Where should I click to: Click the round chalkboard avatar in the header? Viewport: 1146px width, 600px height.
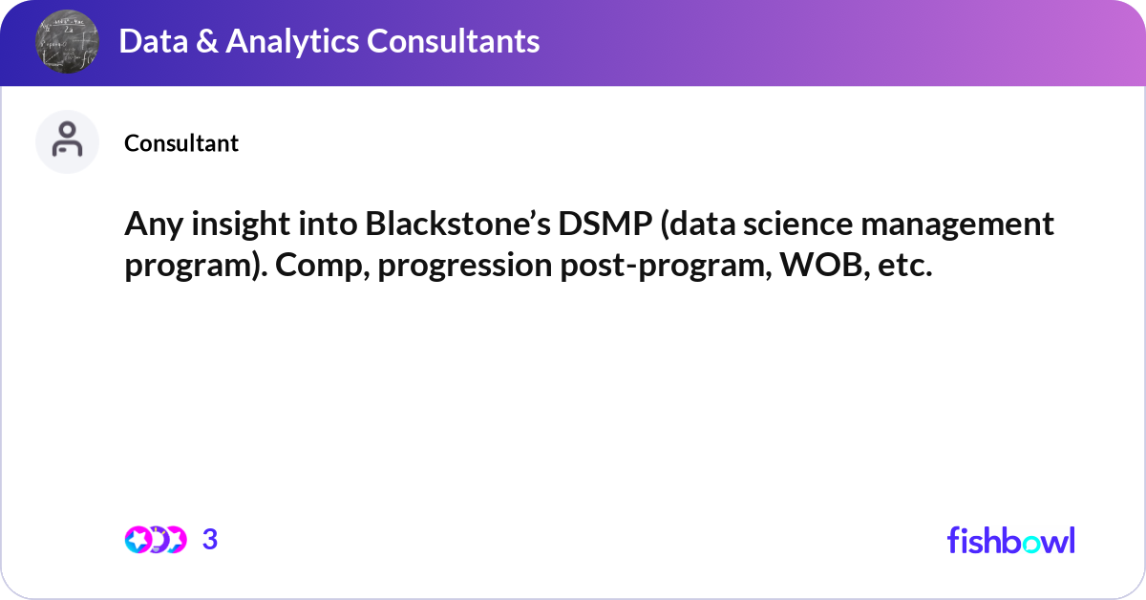[x=68, y=42]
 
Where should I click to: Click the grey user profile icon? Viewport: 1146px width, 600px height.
[x=67, y=141]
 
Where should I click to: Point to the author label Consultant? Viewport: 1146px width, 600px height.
[x=181, y=143]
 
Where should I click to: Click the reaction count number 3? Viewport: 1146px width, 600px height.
[x=210, y=540]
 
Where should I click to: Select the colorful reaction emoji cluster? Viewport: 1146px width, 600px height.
[x=156, y=540]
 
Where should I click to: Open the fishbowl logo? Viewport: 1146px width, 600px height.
[x=1010, y=540]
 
